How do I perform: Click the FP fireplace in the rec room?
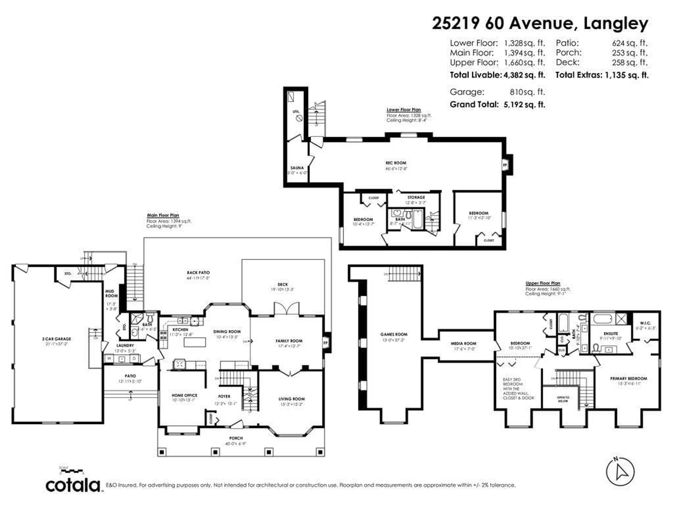click(505, 165)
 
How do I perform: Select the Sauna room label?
click(297, 168)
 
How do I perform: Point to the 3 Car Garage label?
click(57, 339)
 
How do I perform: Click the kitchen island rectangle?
click(195, 342)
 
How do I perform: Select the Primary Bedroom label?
click(629, 378)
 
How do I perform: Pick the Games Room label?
click(394, 334)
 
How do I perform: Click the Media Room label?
click(463, 343)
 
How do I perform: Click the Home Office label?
click(184, 395)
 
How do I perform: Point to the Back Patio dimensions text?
click(198, 278)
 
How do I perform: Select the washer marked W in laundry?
click(109, 359)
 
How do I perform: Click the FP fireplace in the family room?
click(326, 343)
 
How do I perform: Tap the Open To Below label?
click(563, 399)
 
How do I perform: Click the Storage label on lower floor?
click(416, 197)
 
